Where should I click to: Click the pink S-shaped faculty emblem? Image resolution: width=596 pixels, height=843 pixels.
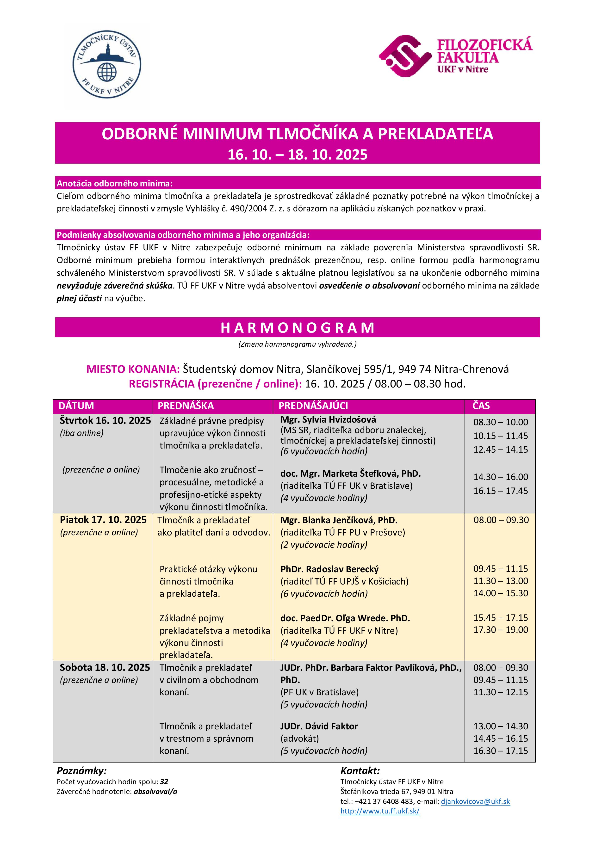tap(404, 56)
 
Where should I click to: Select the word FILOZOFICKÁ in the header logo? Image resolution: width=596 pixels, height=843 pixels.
tap(484, 44)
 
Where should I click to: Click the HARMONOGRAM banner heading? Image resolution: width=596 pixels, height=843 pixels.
tap(298, 327)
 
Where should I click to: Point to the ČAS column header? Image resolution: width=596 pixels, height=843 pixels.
tap(481, 406)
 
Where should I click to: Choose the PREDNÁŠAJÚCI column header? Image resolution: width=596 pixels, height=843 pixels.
tap(313, 406)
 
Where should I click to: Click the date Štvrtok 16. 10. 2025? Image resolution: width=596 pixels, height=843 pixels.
tap(106, 420)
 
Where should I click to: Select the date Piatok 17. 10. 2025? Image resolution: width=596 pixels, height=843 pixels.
tap(103, 520)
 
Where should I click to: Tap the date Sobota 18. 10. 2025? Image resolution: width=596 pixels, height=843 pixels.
tap(105, 667)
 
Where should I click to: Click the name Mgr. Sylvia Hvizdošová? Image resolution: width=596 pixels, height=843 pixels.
tap(328, 419)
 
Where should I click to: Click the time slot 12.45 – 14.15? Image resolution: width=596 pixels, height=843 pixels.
tap(501, 449)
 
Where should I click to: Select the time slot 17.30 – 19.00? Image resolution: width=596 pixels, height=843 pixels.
tap(501, 630)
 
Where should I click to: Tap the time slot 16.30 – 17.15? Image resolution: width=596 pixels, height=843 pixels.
tap(501, 751)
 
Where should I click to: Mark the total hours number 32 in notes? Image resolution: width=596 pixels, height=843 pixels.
tap(164, 782)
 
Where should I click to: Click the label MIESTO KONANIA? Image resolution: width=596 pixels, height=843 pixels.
tap(133, 369)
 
